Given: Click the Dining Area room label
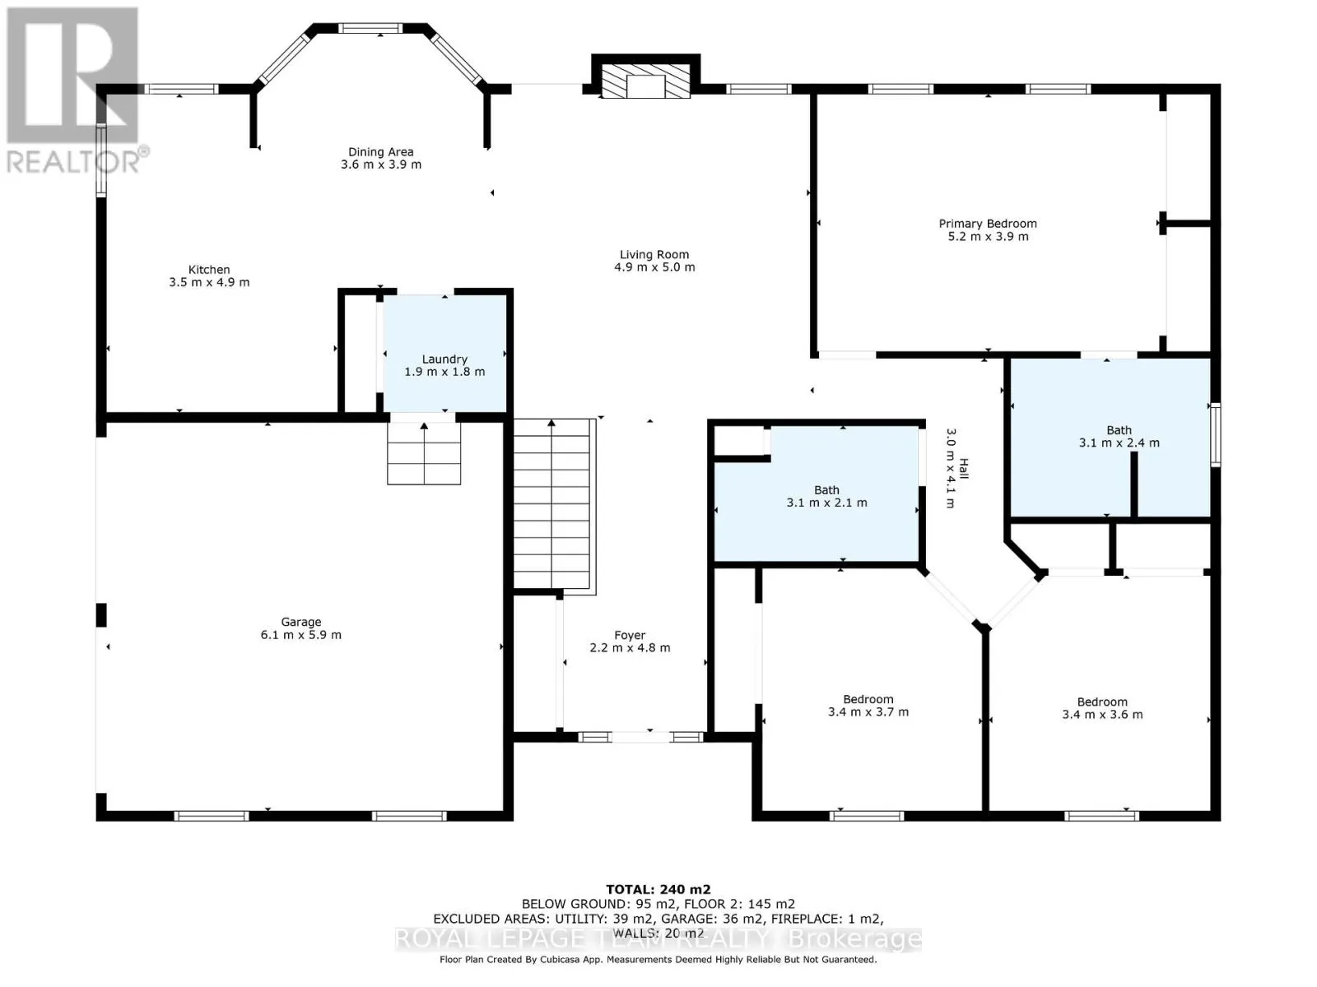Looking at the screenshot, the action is [380, 158].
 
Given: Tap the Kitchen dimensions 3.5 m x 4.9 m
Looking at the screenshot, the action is [209, 282].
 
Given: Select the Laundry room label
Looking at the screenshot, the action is [444, 365].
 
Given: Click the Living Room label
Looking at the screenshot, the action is [654, 261].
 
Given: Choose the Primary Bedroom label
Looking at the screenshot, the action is [988, 229].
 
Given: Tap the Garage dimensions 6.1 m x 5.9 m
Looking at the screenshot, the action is [300, 635].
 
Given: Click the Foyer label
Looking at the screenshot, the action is [630, 642].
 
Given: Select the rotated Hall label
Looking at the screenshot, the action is [956, 468].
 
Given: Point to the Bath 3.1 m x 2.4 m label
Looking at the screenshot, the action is [1119, 436].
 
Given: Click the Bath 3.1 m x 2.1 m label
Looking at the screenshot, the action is [826, 496].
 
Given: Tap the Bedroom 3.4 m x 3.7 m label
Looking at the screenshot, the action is [868, 706].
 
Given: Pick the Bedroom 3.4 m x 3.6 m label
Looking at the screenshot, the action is [1102, 707].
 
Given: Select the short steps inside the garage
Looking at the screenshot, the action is [424, 453].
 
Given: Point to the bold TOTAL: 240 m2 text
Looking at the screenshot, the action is [658, 889].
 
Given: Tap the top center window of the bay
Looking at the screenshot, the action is [370, 28].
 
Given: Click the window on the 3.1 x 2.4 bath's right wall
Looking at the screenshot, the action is [1215, 435].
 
